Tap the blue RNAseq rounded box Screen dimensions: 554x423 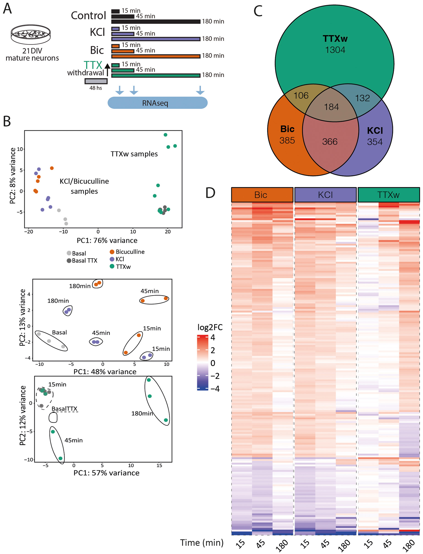click(x=157, y=103)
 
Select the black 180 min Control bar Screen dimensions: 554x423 click(x=156, y=22)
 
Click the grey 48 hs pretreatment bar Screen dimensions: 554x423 click(x=96, y=81)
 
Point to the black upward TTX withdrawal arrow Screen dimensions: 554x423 click(x=107, y=69)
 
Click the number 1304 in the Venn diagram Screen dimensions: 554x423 click(x=335, y=50)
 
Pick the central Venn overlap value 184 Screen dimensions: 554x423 click(x=331, y=107)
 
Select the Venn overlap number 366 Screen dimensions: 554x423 click(x=330, y=142)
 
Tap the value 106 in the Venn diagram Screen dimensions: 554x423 click(x=301, y=96)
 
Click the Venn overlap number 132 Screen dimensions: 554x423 click(x=362, y=98)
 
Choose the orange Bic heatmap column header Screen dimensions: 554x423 click(x=262, y=195)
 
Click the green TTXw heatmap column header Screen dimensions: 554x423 click(x=388, y=195)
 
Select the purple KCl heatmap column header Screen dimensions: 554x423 click(x=325, y=195)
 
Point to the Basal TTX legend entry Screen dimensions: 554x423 click(x=82, y=261)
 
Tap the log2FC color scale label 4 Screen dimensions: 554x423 click(x=213, y=337)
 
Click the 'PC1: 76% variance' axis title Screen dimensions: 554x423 click(x=107, y=240)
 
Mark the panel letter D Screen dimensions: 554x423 click(x=210, y=193)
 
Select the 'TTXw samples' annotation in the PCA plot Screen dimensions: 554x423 click(x=134, y=154)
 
